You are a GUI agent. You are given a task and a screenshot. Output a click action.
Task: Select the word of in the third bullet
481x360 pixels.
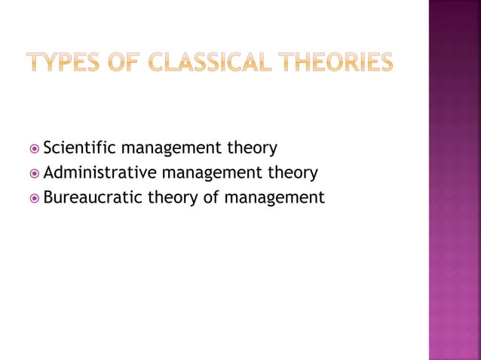tap(208, 198)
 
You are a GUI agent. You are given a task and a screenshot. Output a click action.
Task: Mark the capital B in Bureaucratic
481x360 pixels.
tap(49, 198)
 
